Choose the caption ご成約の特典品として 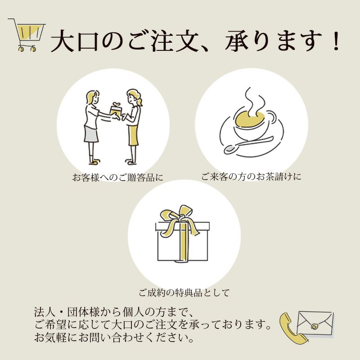(x=184, y=292)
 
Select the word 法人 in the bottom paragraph (x=43, y=312)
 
